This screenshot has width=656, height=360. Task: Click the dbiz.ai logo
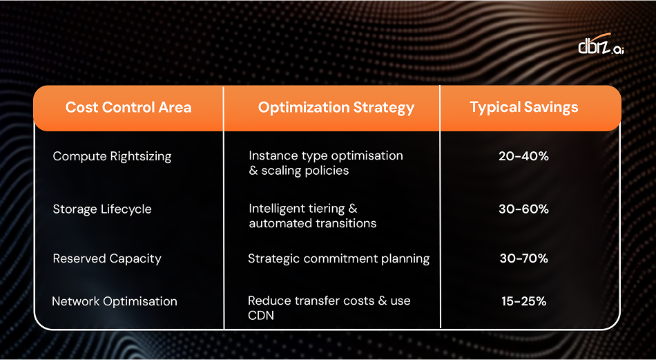pyautogui.click(x=600, y=46)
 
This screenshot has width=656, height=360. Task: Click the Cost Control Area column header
pyautogui.click(x=128, y=107)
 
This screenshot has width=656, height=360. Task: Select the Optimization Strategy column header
pyautogui.click(x=336, y=107)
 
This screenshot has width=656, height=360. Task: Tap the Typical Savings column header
pyautogui.click(x=524, y=107)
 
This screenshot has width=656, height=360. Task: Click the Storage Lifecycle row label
pyautogui.click(x=102, y=209)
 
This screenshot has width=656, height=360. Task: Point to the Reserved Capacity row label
pyautogui.click(x=107, y=258)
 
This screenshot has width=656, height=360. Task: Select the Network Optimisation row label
pyautogui.click(x=115, y=301)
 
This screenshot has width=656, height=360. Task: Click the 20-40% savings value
pyautogui.click(x=523, y=156)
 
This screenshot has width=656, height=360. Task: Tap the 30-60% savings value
pyautogui.click(x=523, y=209)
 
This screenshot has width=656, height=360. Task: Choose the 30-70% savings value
pyautogui.click(x=523, y=258)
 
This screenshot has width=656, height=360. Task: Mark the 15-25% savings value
pyautogui.click(x=523, y=301)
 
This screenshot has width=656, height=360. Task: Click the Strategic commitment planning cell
pyautogui.click(x=338, y=258)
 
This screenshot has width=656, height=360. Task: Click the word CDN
pyautogui.click(x=261, y=315)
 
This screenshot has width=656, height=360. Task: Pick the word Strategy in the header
pyautogui.click(x=387, y=107)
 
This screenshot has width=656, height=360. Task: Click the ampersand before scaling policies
pyautogui.click(x=253, y=171)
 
